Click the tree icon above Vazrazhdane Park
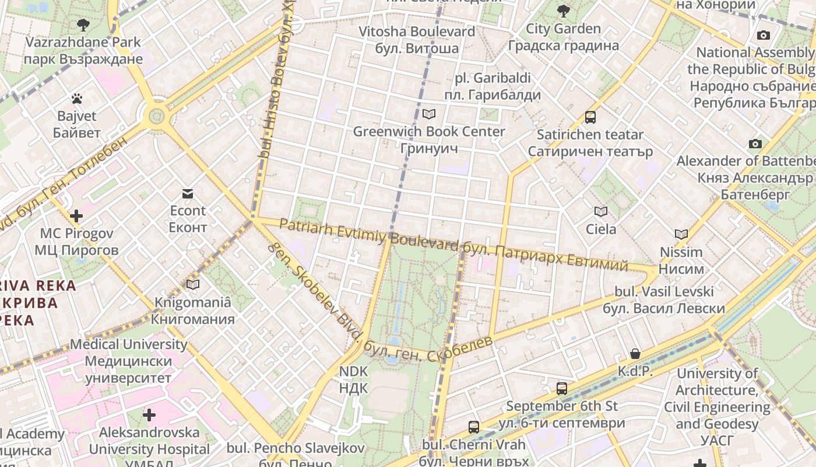(x=83, y=25)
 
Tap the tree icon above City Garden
(x=563, y=11)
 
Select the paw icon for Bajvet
(x=76, y=98)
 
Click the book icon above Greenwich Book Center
(x=429, y=114)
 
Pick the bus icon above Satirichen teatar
(x=590, y=117)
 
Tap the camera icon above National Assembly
(x=763, y=35)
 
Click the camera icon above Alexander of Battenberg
(x=755, y=144)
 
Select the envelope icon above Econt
(x=188, y=194)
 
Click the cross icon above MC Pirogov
(x=76, y=216)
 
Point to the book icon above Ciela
(x=601, y=211)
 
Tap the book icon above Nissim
(x=681, y=235)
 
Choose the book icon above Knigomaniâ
(x=192, y=285)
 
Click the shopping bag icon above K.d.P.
(x=635, y=354)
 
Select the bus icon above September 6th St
(x=562, y=388)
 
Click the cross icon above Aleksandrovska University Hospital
(x=149, y=415)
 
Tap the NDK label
(x=353, y=379)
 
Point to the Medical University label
(x=128, y=361)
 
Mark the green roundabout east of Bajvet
(x=157, y=116)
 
